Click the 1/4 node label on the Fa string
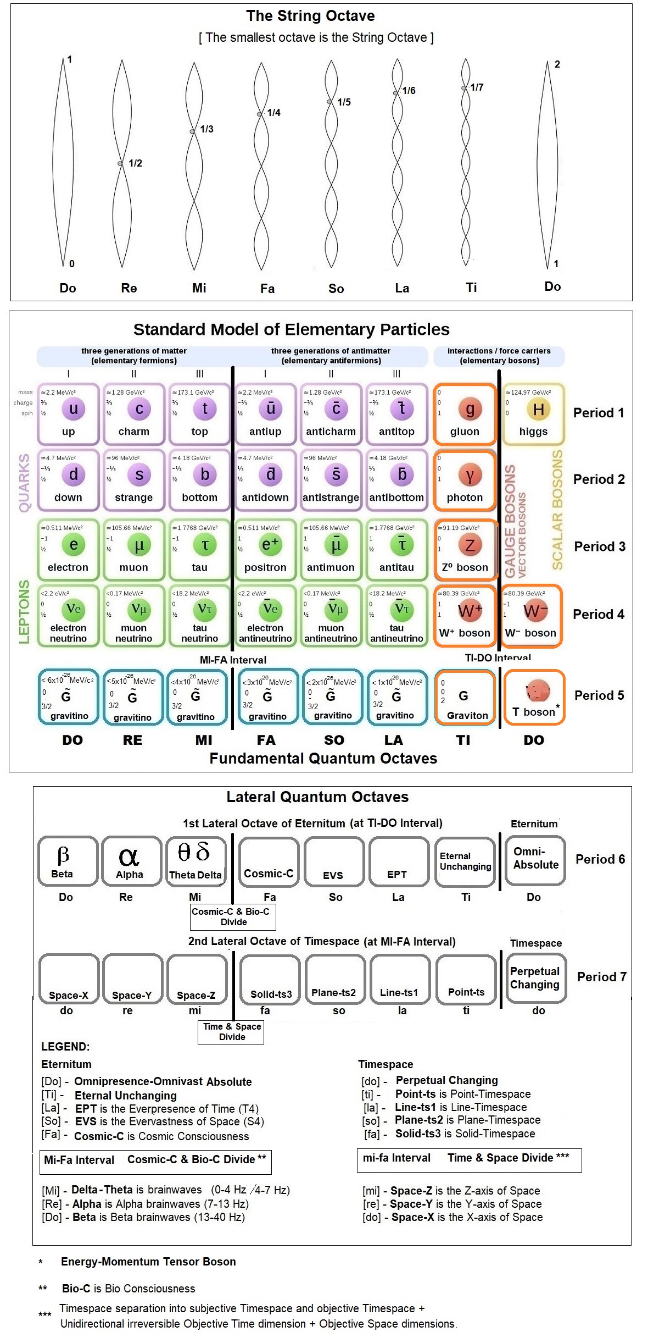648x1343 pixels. coord(273,113)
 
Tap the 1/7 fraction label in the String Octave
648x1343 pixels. coord(477,87)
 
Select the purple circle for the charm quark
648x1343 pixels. coord(139,408)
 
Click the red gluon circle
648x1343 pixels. coord(470,409)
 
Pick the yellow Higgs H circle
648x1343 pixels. coord(538,409)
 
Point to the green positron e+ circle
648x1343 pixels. coord(270,544)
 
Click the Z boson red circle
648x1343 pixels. coord(470,545)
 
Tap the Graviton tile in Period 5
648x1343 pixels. coord(465,697)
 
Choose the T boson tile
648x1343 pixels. coord(534,697)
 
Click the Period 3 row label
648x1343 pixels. coord(599,546)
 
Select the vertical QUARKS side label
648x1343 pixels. coord(24,483)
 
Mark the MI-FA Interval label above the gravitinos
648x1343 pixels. coord(233,660)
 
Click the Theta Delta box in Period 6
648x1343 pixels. coord(195,861)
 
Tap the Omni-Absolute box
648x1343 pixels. coord(535,860)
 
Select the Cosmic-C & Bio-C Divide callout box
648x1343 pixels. coord(233,916)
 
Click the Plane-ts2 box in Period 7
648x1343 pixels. coord(334,979)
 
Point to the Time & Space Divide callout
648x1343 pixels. coord(231,1032)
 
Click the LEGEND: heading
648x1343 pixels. coord(65,1047)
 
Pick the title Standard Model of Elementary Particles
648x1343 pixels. coord(291,329)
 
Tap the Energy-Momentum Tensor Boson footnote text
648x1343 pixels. coord(148,1262)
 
